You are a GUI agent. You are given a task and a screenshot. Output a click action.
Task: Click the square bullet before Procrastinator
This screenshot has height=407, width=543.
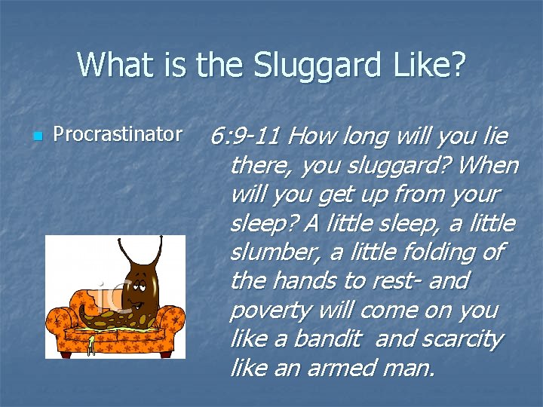[35, 136]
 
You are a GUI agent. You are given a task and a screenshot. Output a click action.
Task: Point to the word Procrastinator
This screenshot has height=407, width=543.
[118, 134]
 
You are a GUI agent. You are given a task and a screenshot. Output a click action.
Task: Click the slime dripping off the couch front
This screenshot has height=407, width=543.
[91, 344]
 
